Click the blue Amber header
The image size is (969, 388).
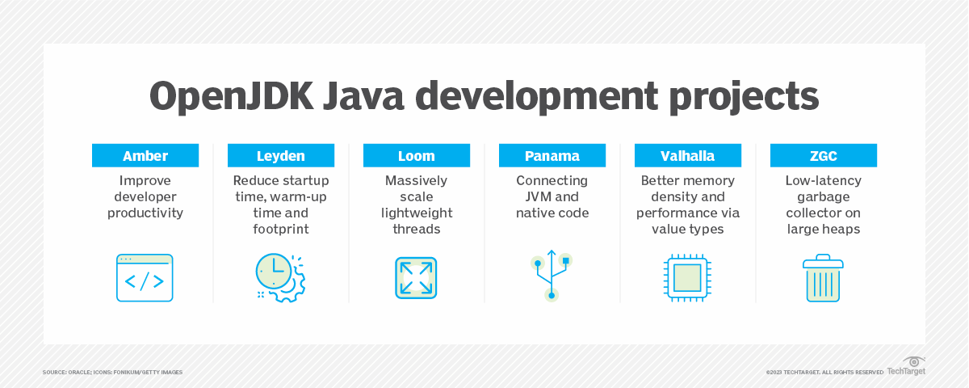click(145, 156)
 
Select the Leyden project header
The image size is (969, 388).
click(281, 156)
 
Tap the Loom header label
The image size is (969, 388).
click(417, 156)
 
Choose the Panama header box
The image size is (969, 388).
click(552, 156)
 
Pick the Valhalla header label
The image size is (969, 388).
click(688, 156)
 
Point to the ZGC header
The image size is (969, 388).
click(824, 156)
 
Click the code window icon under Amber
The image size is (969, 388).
click(145, 278)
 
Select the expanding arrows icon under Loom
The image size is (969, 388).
click(417, 278)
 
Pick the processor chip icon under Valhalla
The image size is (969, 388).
click(688, 278)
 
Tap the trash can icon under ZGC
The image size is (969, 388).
click(824, 278)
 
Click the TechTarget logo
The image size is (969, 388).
click(906, 367)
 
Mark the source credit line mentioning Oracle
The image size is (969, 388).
click(112, 372)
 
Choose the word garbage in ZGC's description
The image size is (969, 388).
click(824, 196)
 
